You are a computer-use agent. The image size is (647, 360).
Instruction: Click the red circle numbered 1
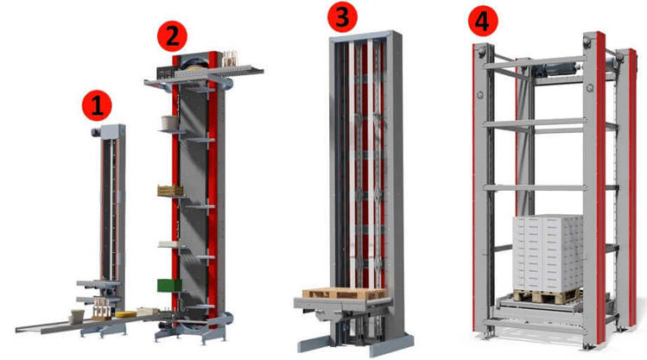[x=97, y=105]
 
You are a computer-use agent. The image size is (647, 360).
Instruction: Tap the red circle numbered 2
[x=172, y=36]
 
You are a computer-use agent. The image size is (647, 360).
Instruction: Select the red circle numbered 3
[x=342, y=17]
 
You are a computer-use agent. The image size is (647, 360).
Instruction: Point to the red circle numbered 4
[x=483, y=20]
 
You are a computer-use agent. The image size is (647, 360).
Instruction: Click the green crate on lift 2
[x=169, y=286]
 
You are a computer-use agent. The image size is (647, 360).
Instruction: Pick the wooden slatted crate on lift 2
[x=170, y=191]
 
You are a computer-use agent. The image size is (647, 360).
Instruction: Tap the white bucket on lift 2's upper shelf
[x=169, y=123]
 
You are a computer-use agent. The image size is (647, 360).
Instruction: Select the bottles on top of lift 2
[x=231, y=59]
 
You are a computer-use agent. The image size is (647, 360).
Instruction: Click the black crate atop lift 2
[x=167, y=73]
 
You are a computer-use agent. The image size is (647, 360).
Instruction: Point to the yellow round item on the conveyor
[x=125, y=314]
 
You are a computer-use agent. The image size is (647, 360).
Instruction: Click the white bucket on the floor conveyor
[x=77, y=316]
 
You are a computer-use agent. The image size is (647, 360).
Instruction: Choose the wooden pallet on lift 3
[x=345, y=294]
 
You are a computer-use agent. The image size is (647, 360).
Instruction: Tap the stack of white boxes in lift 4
[x=548, y=252]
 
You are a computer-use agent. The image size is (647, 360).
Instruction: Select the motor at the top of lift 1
[x=96, y=132]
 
